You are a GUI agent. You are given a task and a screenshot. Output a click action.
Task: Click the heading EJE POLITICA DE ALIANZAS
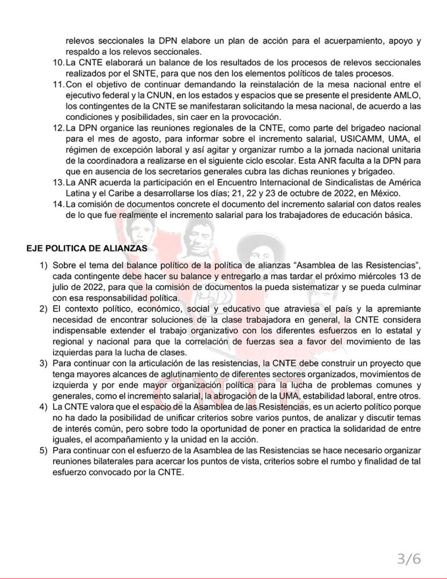point(87,248)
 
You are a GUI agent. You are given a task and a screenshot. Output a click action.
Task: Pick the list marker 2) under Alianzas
point(43,307)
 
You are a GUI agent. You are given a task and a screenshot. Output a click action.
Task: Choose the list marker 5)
point(43,451)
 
